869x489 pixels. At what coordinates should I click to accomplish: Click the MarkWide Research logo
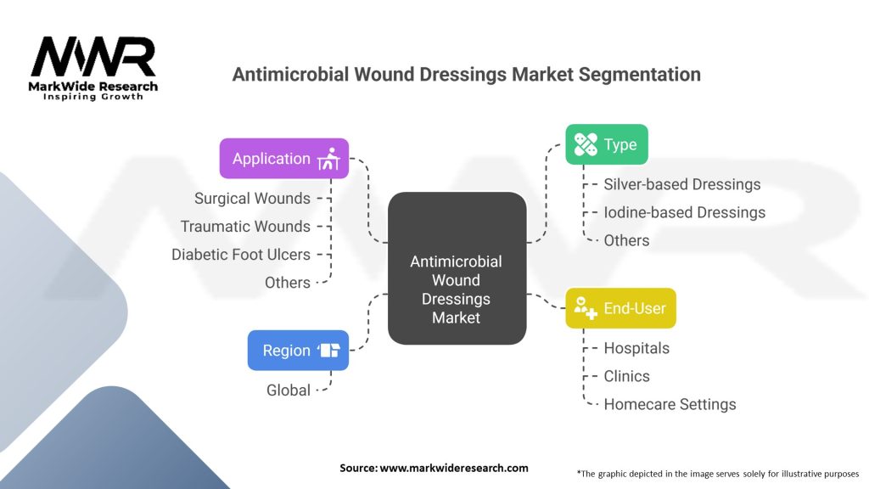[x=93, y=68]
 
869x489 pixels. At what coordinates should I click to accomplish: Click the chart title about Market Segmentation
[x=466, y=75]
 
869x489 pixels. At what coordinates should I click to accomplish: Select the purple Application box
[x=283, y=159]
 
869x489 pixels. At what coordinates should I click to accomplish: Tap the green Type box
[x=606, y=144]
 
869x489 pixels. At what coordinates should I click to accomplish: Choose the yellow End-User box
[x=620, y=308]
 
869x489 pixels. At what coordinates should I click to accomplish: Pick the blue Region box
[x=298, y=351]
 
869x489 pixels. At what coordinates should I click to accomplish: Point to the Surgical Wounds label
[x=252, y=199]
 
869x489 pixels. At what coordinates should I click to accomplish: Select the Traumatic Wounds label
[x=245, y=227]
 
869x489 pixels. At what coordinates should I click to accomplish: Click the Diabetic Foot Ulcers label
[x=241, y=255]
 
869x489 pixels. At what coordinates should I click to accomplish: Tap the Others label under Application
[x=288, y=283]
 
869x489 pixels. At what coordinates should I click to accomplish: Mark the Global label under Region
[x=289, y=391]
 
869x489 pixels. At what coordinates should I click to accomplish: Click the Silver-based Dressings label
[x=682, y=184]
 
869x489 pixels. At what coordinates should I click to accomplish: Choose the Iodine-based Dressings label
[x=684, y=212]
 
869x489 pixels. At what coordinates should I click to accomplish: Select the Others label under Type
[x=626, y=240]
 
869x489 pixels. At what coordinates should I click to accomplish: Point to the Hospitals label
[x=636, y=348]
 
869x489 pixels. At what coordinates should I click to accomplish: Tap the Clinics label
[x=626, y=376]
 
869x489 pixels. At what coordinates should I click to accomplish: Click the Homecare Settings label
[x=670, y=404]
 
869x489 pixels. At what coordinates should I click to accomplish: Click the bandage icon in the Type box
[x=586, y=144]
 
